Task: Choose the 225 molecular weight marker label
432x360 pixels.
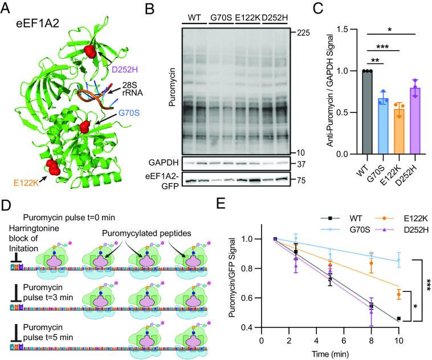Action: [303, 33]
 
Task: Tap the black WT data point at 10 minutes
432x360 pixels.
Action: [398, 318]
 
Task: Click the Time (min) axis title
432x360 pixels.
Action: [330, 353]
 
